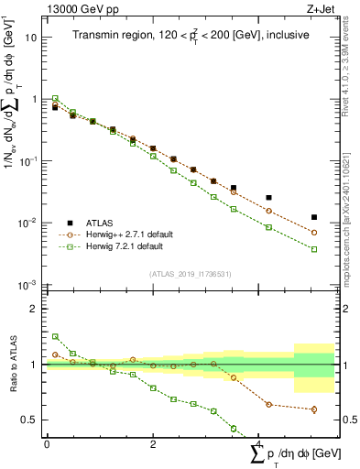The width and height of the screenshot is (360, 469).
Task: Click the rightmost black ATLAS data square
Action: pyautogui.click(x=314, y=217)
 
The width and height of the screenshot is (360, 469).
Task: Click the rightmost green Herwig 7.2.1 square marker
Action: pyautogui.click(x=314, y=249)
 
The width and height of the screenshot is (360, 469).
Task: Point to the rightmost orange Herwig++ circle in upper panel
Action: pyautogui.click(x=314, y=233)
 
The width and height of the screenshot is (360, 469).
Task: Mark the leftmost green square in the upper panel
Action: pyautogui.click(x=55, y=98)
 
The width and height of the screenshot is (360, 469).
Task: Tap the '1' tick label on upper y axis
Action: pyautogui.click(x=34, y=99)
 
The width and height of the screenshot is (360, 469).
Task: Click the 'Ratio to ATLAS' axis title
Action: pyautogui.click(x=10, y=365)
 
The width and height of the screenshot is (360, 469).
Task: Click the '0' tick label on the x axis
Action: pyautogui.click(x=47, y=443)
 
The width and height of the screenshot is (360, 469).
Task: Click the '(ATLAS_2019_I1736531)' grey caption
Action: pyautogui.click(x=190, y=274)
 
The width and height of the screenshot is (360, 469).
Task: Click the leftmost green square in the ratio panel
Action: pyautogui.click(x=55, y=336)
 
